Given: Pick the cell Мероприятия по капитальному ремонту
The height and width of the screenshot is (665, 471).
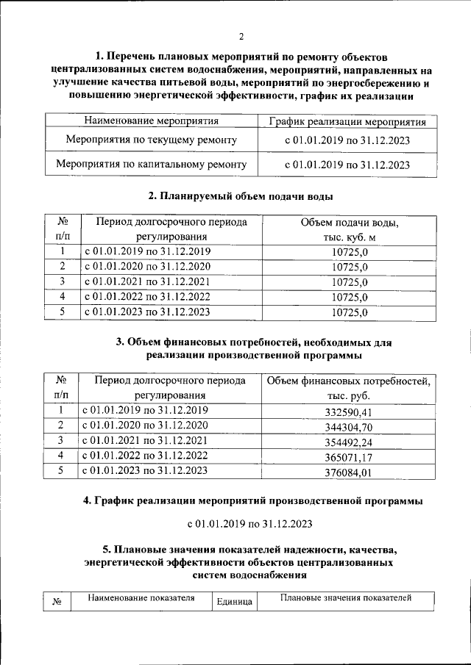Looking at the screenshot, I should pos(152,164).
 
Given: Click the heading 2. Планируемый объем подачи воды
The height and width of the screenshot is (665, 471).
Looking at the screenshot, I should pos(241,196).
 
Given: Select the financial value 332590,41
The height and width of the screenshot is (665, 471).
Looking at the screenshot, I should pos(350,411).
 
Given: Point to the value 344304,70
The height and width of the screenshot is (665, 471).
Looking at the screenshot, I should pos(350,426).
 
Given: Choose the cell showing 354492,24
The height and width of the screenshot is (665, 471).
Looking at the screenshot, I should pos(350,442).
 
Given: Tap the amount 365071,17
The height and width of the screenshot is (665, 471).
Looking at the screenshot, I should pos(350,457).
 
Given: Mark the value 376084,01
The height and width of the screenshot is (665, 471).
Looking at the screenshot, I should pos(350,472).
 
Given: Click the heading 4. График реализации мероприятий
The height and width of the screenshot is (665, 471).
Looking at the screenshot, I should pos(252,500).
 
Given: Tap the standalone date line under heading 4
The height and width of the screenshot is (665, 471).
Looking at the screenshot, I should pos(250,524).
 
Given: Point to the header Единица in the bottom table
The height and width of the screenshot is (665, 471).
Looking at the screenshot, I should pos(235,601).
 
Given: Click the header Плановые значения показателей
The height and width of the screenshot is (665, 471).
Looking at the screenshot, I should pos(345,598).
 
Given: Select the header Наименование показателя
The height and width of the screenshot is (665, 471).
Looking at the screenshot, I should pos(141,598).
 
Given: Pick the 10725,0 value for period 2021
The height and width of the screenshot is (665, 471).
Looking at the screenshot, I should pos(350,282).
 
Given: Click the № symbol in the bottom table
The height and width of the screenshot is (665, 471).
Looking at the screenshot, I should pos(57,601).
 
